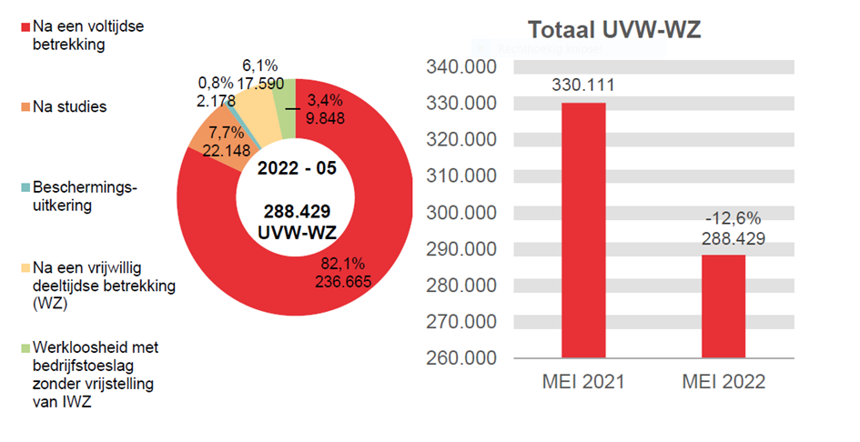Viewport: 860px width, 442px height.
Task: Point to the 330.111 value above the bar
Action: point(583,85)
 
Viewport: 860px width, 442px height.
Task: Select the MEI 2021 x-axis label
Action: point(583,382)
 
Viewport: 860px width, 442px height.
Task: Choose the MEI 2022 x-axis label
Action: point(724,382)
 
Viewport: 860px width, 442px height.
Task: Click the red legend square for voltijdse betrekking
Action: point(25,27)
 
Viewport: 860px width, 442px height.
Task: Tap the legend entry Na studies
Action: point(69,107)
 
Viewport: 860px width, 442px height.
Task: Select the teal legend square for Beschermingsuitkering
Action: point(25,188)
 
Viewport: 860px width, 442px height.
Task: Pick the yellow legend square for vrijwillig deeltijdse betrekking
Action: point(25,268)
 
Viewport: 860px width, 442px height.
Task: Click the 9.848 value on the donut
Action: point(326,116)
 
